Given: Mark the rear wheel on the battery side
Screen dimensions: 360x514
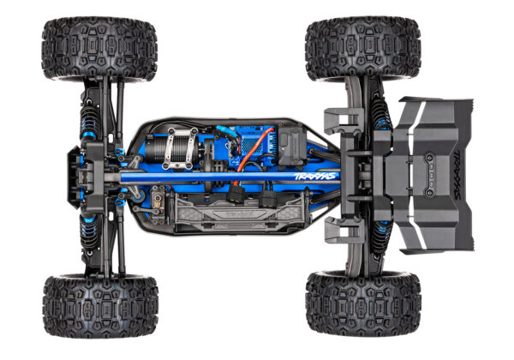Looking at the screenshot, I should [x=362, y=304].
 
